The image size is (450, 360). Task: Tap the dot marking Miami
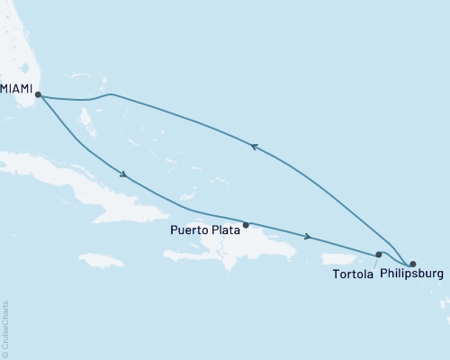(x=38, y=94)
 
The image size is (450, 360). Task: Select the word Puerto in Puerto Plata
(x=188, y=230)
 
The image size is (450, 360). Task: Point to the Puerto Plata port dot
(x=246, y=224)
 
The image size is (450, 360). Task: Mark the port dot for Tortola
(x=379, y=255)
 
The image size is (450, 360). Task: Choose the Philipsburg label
(x=412, y=274)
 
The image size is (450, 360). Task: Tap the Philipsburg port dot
(x=412, y=264)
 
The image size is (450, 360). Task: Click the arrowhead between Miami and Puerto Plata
(x=122, y=175)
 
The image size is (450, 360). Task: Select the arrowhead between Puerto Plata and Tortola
(x=309, y=238)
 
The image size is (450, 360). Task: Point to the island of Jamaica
(x=101, y=260)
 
